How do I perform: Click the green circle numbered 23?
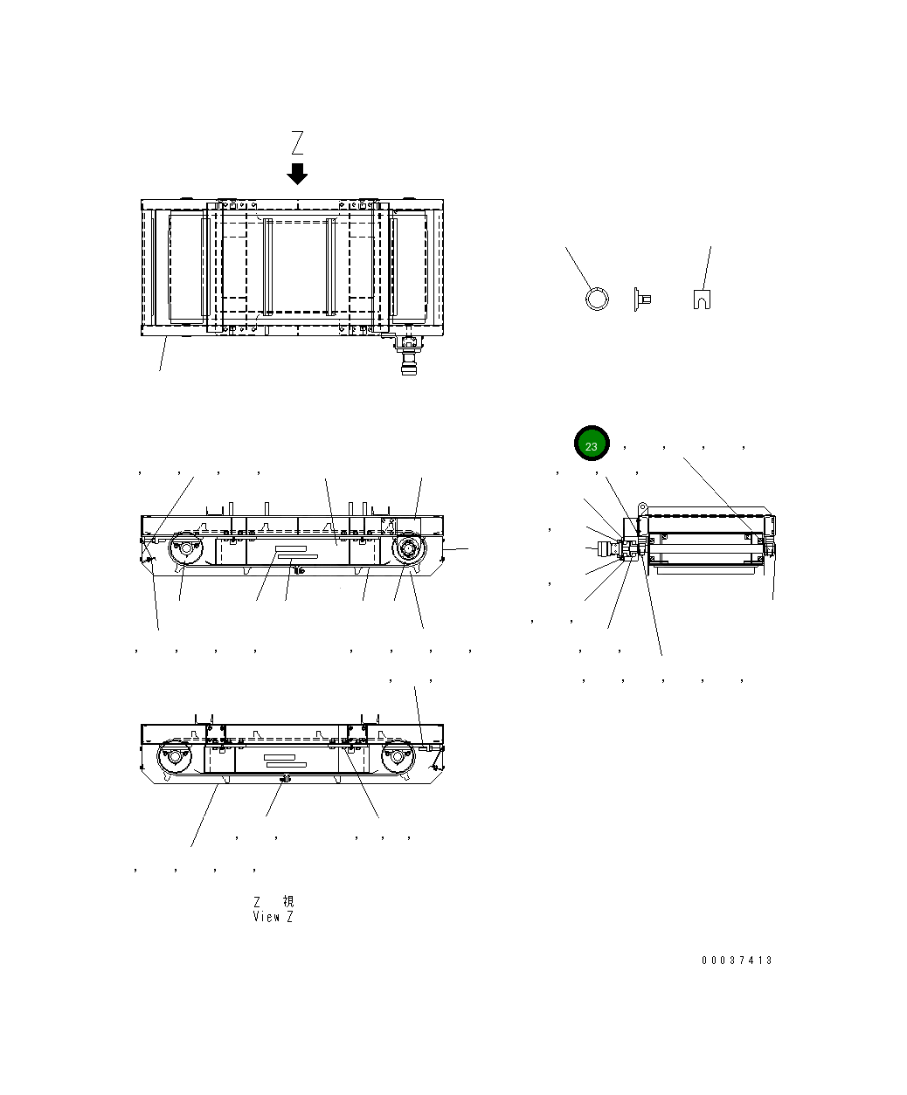[x=592, y=444]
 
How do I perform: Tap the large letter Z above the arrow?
[x=297, y=142]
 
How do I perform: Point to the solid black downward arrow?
[x=297, y=173]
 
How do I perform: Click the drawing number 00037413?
[x=737, y=961]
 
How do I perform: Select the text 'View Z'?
[x=273, y=917]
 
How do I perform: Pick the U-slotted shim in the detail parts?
[x=701, y=299]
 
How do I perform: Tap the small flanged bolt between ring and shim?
[x=640, y=300]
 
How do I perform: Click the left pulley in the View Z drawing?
[x=173, y=757]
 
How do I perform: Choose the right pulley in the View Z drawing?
[x=398, y=757]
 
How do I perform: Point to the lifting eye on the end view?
[x=641, y=506]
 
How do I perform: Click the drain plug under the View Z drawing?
[x=282, y=778]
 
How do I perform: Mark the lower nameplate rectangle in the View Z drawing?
[x=286, y=764]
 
